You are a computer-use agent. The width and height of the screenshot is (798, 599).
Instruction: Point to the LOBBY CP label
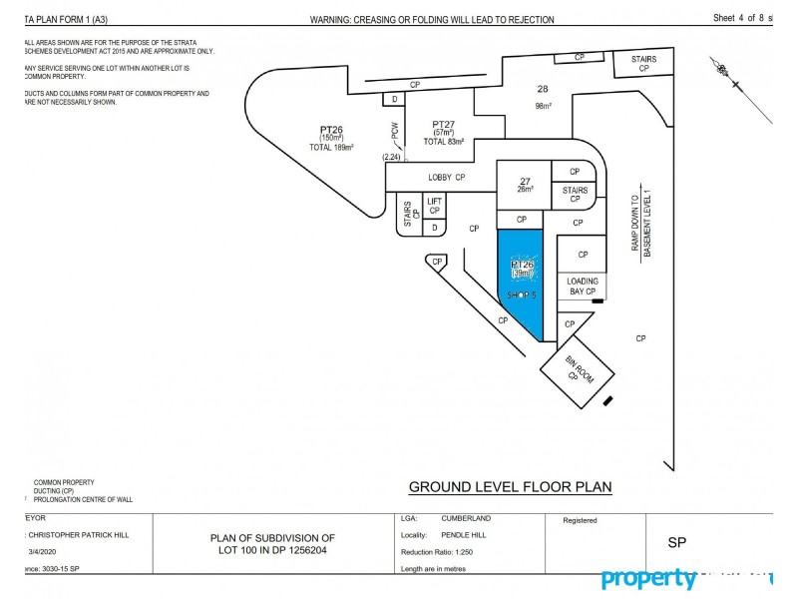tap(447, 177)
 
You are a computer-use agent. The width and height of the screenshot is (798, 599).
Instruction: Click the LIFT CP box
tap(434, 206)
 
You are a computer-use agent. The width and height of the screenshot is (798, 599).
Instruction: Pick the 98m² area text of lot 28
tap(543, 105)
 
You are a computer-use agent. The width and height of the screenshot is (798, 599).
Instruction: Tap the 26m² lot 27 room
tap(524, 184)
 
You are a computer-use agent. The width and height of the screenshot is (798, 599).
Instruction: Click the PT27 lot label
tap(445, 124)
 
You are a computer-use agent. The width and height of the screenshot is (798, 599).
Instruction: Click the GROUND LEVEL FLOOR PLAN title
tap(511, 488)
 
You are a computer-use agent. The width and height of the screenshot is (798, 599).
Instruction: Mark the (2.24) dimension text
tap(391, 158)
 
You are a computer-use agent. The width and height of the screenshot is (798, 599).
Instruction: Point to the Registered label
tap(580, 520)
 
